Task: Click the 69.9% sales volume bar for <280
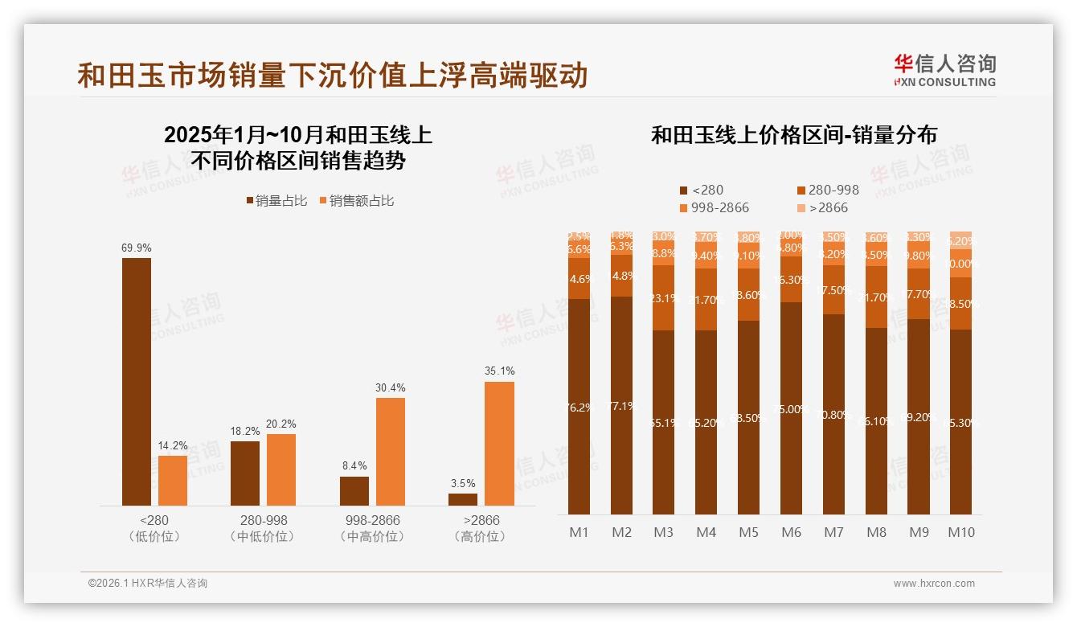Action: (x=136, y=381)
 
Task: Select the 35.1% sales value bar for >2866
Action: (x=499, y=443)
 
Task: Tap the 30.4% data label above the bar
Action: (x=391, y=387)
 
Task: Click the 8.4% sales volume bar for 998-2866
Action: (x=354, y=491)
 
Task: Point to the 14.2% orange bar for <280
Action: (x=172, y=480)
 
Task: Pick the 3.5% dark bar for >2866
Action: (x=463, y=499)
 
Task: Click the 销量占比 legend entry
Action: (x=276, y=201)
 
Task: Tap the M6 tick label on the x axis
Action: (x=791, y=532)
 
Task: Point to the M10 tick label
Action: (x=960, y=532)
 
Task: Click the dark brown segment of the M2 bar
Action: (x=621, y=405)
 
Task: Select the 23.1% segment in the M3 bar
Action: (x=664, y=298)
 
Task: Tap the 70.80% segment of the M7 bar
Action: (x=833, y=414)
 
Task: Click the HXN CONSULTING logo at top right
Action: (x=944, y=70)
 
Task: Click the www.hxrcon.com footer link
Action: (x=934, y=584)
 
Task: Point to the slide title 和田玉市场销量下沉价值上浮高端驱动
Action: (x=333, y=76)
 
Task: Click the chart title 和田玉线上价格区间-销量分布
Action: (x=793, y=135)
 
